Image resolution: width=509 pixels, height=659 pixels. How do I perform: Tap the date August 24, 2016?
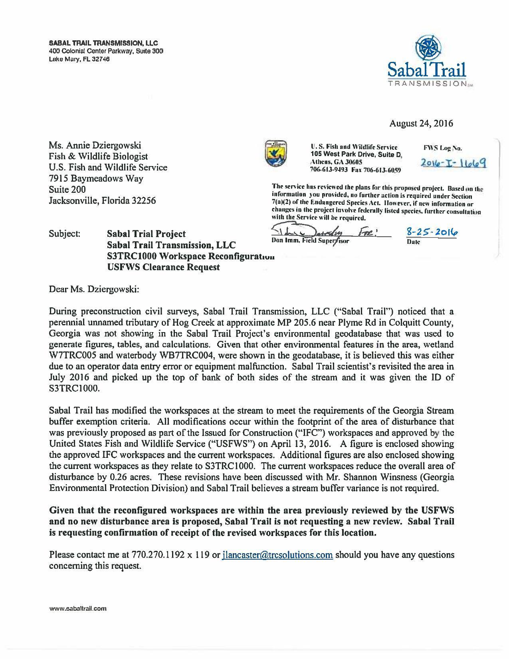click(421, 123)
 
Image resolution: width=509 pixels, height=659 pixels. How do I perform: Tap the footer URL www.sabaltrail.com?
click(78, 609)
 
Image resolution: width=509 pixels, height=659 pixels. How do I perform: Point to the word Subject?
click(65, 234)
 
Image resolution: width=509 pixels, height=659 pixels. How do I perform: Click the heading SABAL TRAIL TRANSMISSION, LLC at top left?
click(103, 43)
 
